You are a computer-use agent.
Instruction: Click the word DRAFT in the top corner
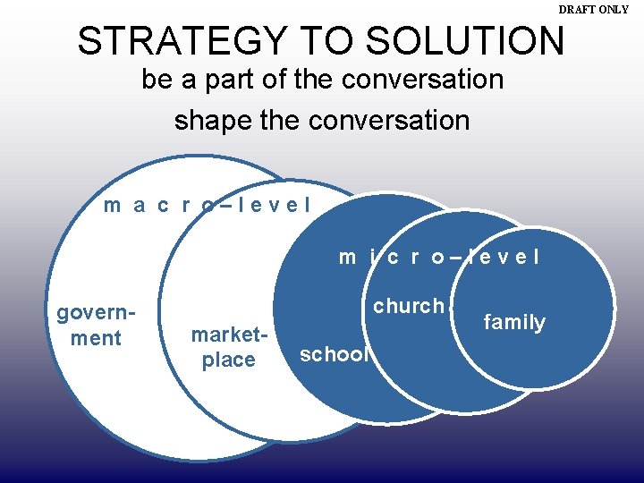coord(578,9)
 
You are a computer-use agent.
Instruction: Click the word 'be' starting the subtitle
coord(156,80)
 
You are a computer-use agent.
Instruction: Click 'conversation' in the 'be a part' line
coord(422,80)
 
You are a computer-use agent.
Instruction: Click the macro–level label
coord(208,205)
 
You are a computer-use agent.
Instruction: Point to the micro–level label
coord(439,257)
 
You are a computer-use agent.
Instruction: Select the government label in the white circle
coord(96,326)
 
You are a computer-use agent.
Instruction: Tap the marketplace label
coord(229,348)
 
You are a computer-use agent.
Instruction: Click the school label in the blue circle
coord(334,354)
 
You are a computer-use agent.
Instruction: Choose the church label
coord(409,306)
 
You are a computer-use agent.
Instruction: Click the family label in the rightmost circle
coord(514,322)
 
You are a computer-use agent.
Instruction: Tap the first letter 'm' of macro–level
coord(113,206)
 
